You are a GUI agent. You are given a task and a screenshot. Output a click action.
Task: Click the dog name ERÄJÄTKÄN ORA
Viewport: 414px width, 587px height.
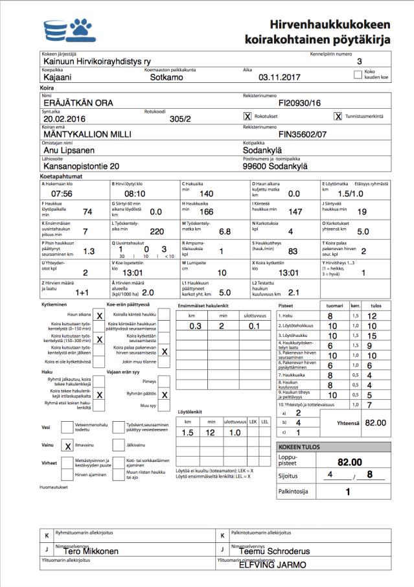click(x=78, y=102)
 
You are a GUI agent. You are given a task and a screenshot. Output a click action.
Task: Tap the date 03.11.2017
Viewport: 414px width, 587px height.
click(x=280, y=77)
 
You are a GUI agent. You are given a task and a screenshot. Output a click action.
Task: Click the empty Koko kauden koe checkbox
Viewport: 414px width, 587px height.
click(x=358, y=75)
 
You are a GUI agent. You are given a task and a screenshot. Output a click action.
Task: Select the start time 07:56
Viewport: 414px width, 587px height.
click(x=62, y=194)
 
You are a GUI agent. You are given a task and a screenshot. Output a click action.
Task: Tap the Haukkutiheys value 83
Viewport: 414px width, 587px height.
click(x=293, y=251)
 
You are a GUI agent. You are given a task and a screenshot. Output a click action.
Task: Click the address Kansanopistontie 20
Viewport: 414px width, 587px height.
click(x=81, y=166)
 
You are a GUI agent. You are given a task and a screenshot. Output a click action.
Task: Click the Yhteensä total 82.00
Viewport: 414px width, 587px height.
click(x=374, y=422)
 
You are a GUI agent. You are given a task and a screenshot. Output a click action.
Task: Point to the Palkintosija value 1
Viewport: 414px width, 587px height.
click(x=348, y=491)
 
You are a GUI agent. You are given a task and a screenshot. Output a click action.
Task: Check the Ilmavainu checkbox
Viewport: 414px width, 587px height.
click(x=68, y=446)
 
